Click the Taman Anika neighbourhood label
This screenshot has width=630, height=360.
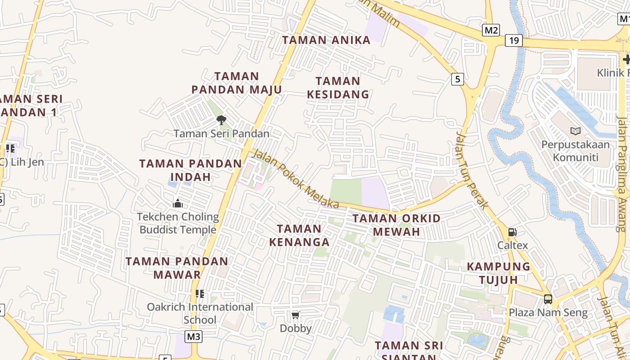pos(326,40)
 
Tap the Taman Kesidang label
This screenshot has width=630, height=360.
pos(338,88)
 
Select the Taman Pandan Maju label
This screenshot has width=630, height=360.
pos(237,83)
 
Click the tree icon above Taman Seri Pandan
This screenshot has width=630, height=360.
pos(221,120)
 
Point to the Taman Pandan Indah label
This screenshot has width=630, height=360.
pos(191,170)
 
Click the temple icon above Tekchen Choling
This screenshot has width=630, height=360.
pos(178,203)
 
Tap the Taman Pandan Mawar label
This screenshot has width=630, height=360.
pos(177,268)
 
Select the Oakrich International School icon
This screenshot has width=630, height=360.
pos(200,294)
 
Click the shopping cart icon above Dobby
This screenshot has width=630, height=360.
pos(296,315)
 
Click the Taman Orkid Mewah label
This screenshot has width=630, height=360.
pos(396,225)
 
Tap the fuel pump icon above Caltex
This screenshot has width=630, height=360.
pos(512,232)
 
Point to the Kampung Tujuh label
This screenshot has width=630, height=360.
pos(499,273)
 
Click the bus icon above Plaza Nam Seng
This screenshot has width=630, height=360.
pos(548,299)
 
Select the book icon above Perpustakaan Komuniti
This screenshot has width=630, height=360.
pos(575,131)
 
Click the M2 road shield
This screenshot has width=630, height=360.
pos(491,30)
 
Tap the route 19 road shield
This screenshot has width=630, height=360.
pos(514,40)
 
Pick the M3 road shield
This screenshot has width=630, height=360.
pos(193,336)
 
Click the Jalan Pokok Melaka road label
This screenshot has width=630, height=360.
pos(295,179)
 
